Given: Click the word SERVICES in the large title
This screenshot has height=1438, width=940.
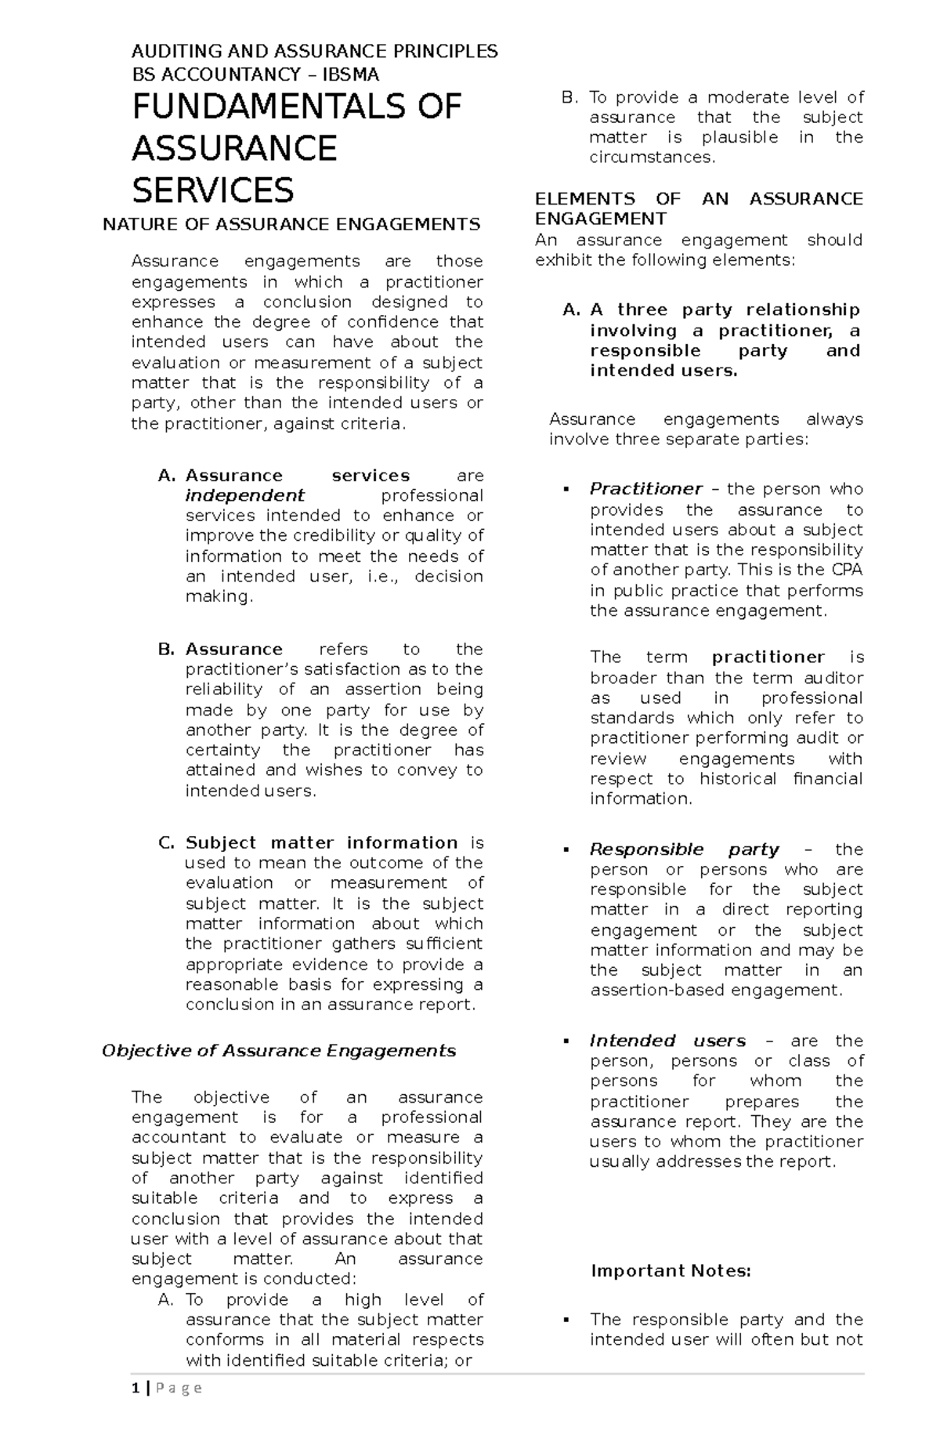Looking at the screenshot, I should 212,190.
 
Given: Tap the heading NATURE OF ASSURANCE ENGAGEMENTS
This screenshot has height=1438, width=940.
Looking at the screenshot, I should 291,225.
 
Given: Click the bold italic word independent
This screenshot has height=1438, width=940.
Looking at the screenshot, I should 244,496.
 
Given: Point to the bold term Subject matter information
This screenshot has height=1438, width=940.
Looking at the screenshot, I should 321,843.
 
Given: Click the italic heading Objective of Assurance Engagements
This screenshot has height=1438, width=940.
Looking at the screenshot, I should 279,1051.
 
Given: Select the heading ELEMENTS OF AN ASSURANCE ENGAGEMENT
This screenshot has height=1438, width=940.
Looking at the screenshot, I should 698,208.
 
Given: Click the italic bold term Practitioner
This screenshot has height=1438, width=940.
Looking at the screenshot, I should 645,489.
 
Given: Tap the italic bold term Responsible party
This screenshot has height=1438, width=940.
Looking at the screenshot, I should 684,849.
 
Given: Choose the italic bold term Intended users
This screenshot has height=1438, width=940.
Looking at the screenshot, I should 667,1041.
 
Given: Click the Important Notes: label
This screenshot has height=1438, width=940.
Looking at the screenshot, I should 671,1271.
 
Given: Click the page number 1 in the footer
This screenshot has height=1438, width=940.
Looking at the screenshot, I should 136,1411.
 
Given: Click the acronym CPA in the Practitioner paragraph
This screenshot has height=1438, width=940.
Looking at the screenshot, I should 847,570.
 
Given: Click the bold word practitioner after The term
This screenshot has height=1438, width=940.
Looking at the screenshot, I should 768,657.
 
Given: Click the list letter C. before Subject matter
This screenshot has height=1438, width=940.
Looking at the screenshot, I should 166,843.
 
